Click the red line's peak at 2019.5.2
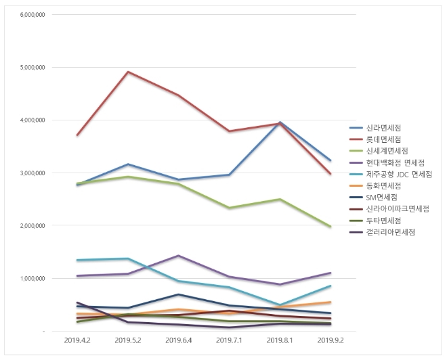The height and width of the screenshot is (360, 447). [x=128, y=72]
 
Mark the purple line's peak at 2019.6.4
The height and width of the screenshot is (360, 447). [x=179, y=256]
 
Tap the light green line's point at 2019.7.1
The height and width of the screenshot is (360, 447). [x=230, y=208]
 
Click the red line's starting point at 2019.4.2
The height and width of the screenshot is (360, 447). [x=77, y=135]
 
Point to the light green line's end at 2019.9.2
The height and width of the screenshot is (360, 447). [x=331, y=227]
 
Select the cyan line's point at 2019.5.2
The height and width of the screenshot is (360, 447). [x=128, y=258]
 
